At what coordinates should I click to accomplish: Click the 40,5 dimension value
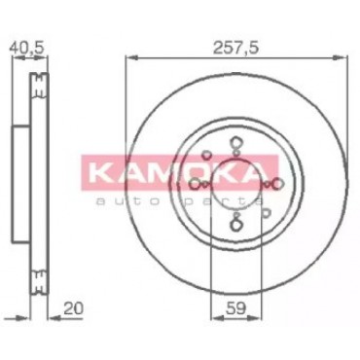(x=26, y=48)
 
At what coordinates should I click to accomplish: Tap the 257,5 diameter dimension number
(x=235, y=48)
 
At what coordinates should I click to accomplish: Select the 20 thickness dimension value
(x=73, y=308)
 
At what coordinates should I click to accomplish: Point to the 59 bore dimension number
(x=235, y=308)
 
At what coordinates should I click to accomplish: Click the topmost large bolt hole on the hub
(x=235, y=143)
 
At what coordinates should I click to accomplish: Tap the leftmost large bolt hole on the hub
(x=196, y=185)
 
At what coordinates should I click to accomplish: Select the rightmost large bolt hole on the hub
(x=278, y=184)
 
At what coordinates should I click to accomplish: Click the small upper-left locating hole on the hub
(x=205, y=156)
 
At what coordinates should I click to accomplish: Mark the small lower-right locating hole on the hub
(x=266, y=212)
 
